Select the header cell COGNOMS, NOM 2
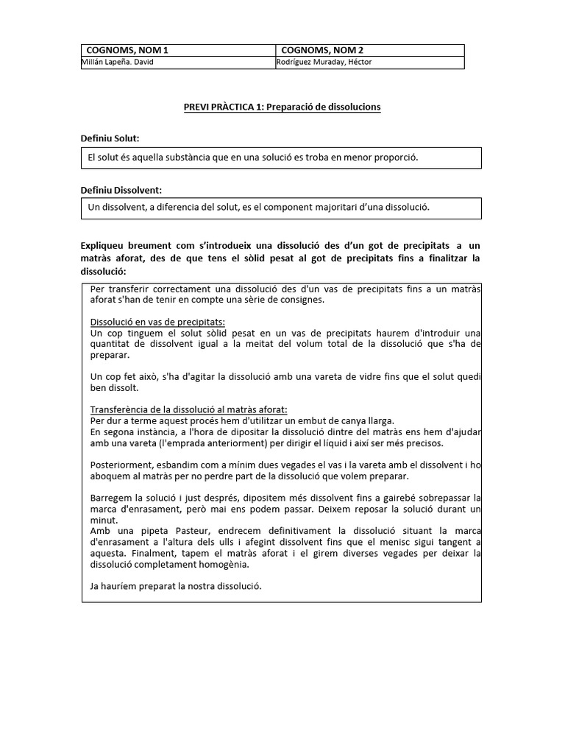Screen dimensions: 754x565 pyautogui.click(x=322, y=50)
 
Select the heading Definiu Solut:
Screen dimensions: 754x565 pyautogui.click(x=110, y=138)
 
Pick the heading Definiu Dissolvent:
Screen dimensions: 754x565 pyautogui.click(x=121, y=190)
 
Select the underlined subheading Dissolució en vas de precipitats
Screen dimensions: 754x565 pyautogui.click(x=157, y=323)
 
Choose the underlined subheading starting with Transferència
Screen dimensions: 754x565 pyautogui.click(x=188, y=409)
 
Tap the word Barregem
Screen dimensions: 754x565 pyautogui.click(x=111, y=498)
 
